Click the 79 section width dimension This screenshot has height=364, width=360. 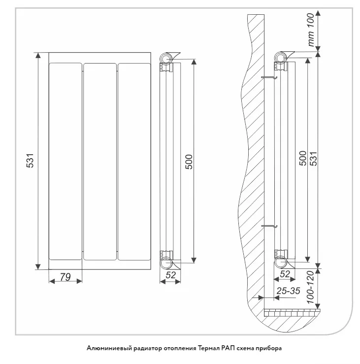65,277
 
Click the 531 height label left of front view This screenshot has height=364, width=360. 30,161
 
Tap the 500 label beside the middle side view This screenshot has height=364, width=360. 189,162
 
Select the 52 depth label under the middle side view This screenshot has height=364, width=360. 170,275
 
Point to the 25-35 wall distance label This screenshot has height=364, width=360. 289,291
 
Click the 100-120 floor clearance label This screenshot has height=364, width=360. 310,287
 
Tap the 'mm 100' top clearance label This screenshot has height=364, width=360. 310,30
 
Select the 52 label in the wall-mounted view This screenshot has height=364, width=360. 285,274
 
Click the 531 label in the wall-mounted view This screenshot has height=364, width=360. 313,159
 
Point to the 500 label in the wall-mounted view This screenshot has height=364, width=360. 303,158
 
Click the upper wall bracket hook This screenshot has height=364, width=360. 269,77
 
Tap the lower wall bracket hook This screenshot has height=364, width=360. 269,226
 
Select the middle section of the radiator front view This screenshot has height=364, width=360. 100,162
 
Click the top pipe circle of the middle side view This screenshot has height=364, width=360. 166,58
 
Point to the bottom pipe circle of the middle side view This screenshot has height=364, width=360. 166,263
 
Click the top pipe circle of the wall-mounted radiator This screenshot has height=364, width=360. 280,57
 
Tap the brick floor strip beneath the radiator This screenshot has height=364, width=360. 292,313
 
